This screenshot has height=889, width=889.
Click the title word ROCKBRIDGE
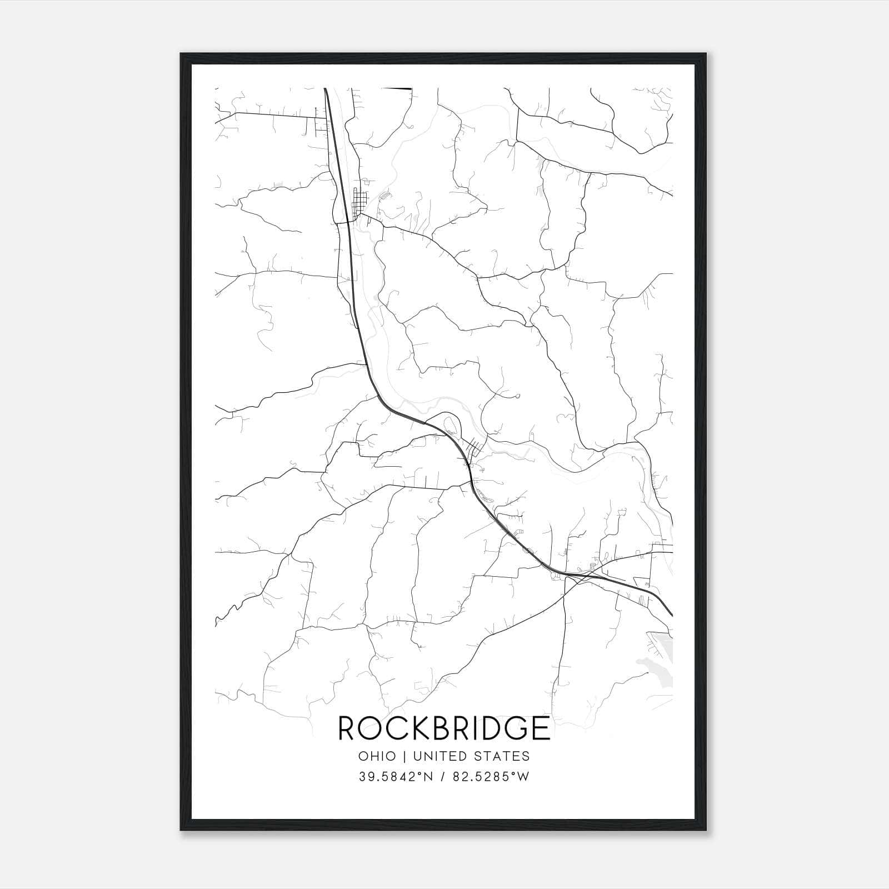pyautogui.click(x=444, y=728)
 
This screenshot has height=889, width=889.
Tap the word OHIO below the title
pyautogui.click(x=377, y=756)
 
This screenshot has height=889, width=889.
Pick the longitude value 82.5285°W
pyautogui.click(x=490, y=777)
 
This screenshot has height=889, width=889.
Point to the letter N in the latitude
pyautogui.click(x=427, y=777)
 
